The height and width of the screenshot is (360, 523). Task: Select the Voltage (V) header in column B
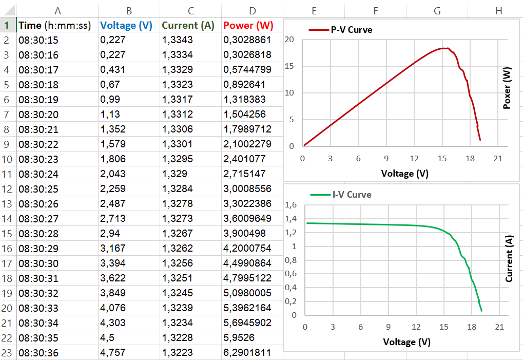click(126, 25)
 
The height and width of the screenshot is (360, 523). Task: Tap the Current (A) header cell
click(188, 25)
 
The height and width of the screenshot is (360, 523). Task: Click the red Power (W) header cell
click(248, 25)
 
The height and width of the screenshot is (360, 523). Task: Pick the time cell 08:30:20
click(38, 115)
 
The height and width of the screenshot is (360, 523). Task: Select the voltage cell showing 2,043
click(113, 174)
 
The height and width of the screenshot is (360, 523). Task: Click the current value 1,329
click(175, 174)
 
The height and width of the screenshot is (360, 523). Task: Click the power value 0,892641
click(242, 85)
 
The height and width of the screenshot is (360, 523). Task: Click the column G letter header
click(437, 10)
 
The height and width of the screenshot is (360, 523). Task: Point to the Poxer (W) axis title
click(507, 89)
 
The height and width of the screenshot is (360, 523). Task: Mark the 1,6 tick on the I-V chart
click(290, 205)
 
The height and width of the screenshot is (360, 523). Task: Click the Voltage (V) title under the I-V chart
click(406, 342)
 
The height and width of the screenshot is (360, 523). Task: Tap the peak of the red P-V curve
click(444, 48)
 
